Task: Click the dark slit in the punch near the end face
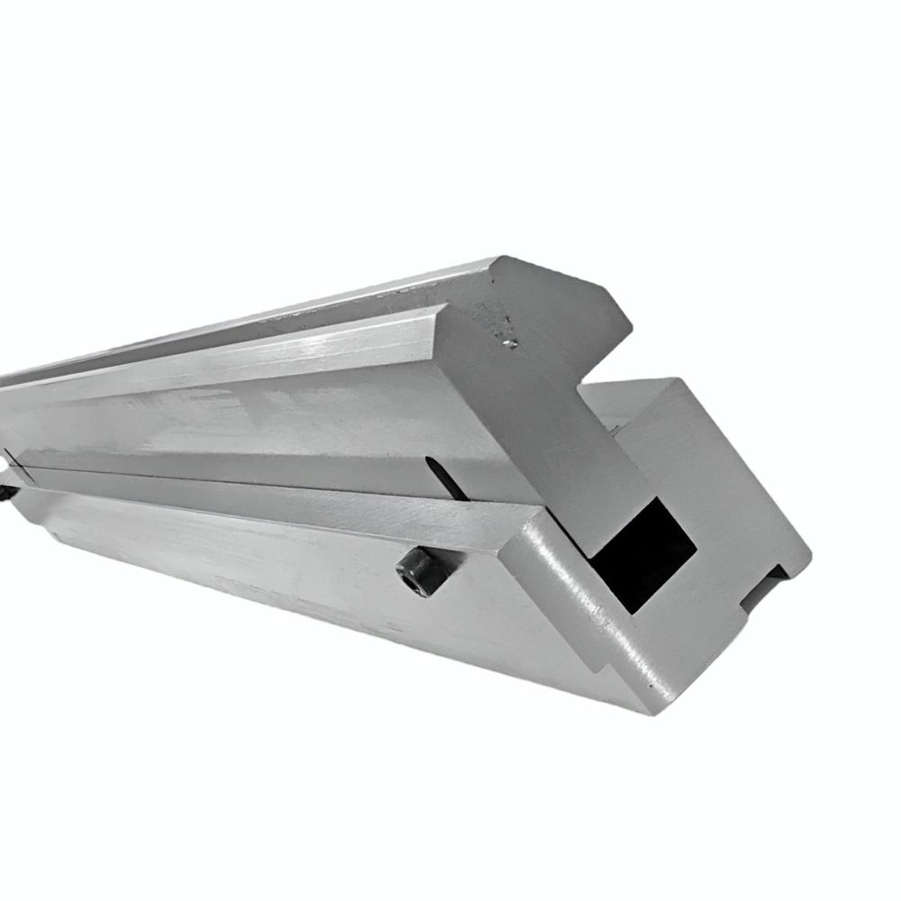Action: [444, 477]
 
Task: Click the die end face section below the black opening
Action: [658, 649]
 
